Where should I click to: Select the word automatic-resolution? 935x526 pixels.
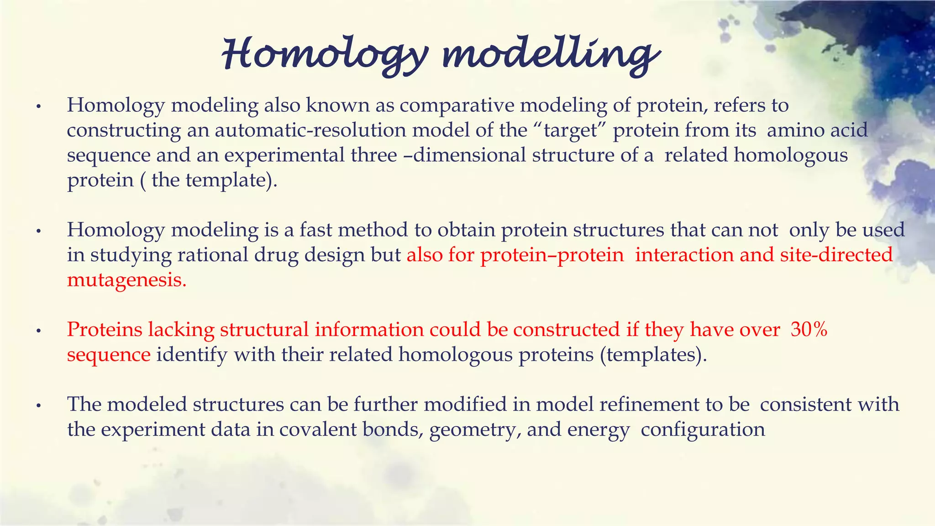click(x=310, y=130)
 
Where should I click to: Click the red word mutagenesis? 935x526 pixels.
click(x=126, y=280)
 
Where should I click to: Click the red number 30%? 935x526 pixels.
click(x=809, y=329)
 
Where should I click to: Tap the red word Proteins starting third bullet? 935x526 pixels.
click(x=105, y=329)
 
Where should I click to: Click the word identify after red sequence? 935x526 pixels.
click(x=192, y=354)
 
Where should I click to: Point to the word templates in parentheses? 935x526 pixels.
click(x=651, y=354)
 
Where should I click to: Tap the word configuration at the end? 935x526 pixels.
click(x=703, y=430)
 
